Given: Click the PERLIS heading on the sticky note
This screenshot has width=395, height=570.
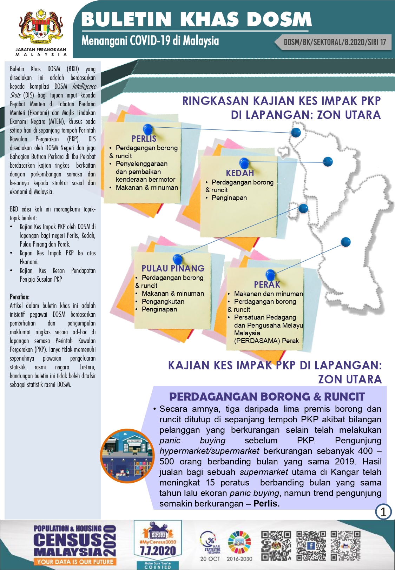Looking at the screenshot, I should click(x=144, y=139).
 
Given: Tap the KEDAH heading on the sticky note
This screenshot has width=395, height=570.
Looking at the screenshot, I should click(x=240, y=173).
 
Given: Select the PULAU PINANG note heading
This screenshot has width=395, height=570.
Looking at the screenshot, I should click(x=173, y=268).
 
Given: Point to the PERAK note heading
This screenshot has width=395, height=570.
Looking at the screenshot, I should click(x=267, y=284).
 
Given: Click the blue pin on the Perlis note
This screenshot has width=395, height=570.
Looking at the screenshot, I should click(x=148, y=129).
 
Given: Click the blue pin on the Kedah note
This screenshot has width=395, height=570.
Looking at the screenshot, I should click(x=244, y=163).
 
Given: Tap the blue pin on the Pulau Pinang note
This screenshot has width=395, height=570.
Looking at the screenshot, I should click(x=178, y=259).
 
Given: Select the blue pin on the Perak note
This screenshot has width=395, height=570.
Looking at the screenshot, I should click(x=270, y=274).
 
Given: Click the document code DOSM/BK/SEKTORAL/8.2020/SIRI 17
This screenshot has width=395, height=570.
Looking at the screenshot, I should click(x=335, y=42).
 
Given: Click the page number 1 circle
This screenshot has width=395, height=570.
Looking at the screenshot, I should click(x=383, y=512).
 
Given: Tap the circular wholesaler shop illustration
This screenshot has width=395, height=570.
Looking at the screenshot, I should click(x=127, y=456).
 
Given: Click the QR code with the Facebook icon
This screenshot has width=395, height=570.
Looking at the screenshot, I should click(x=311, y=545).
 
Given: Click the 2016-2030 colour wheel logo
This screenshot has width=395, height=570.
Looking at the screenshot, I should click(x=239, y=542).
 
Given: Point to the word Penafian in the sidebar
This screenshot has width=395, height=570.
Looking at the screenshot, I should click(x=20, y=297).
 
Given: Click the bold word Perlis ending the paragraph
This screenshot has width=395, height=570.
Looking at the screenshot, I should click(x=266, y=504).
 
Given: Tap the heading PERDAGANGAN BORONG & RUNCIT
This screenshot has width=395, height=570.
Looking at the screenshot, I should click(x=267, y=397).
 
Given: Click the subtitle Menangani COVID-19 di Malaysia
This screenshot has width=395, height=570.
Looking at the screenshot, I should click(x=150, y=41).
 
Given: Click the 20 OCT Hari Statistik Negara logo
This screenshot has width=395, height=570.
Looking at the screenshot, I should click(x=210, y=545).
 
